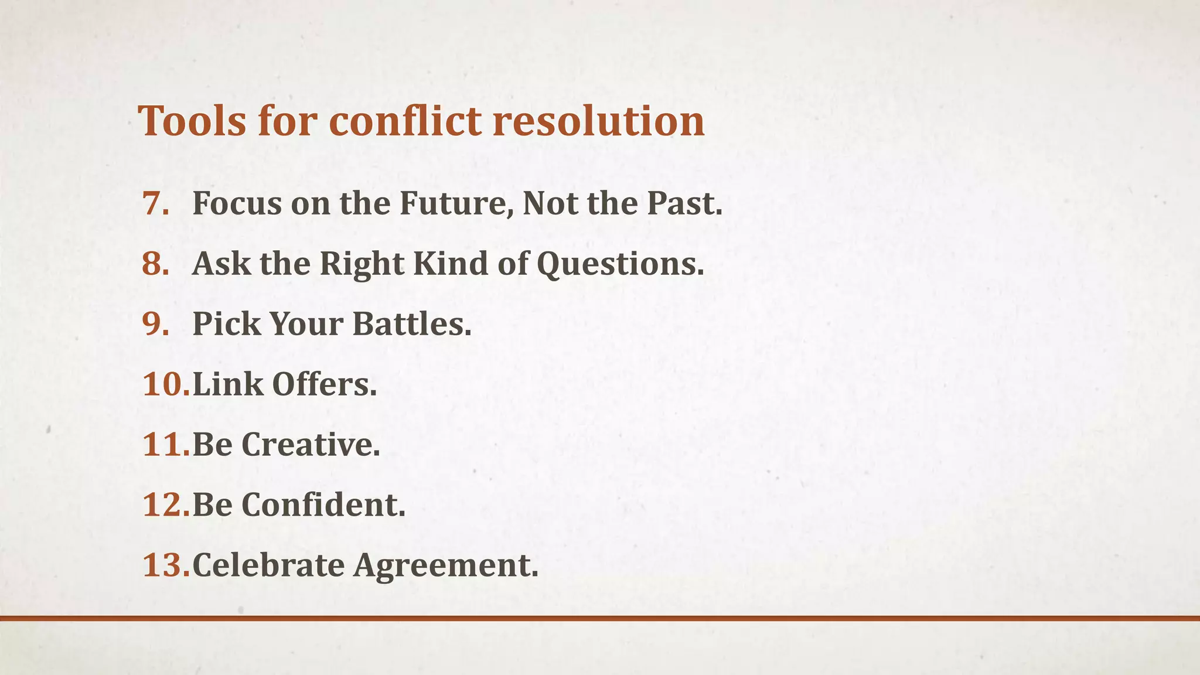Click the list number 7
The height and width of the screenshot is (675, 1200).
(x=156, y=204)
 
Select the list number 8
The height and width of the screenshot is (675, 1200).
(x=156, y=264)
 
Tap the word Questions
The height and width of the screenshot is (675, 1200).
(x=620, y=264)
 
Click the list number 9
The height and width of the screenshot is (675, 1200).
(x=156, y=324)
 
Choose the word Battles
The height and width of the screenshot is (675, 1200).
(x=411, y=324)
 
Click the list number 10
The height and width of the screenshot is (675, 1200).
(x=166, y=385)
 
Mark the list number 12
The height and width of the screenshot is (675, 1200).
(x=166, y=505)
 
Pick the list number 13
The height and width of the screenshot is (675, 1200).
(x=166, y=565)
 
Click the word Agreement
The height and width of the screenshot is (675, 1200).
(x=445, y=565)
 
